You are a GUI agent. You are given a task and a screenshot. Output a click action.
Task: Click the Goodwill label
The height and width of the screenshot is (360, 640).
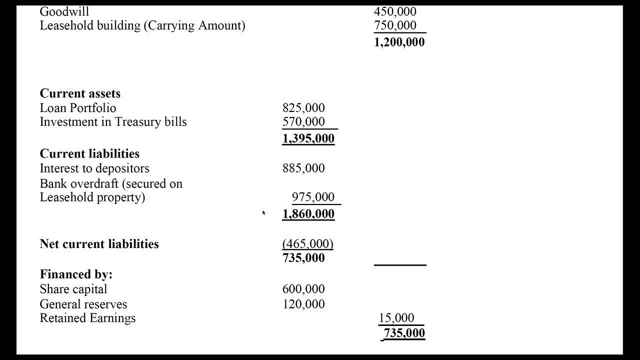coord(64,11)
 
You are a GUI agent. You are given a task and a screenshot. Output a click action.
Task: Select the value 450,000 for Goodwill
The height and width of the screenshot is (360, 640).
coord(394,11)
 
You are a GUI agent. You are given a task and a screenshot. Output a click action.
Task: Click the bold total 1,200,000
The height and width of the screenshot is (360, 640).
coord(399,42)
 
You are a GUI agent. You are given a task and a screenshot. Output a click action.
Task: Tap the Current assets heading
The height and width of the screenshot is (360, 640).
coord(80,93)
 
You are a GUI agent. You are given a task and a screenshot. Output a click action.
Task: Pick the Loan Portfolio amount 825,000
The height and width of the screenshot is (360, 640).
coord(303,108)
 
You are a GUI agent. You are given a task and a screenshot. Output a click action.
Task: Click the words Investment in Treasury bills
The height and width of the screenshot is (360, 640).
coord(113,122)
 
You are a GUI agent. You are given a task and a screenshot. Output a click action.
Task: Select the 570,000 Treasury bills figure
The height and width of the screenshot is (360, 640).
coord(303,122)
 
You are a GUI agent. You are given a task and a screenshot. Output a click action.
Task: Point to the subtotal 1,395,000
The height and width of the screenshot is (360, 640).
coord(308,138)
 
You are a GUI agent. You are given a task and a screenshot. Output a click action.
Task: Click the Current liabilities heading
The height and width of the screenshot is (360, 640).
coord(89,153)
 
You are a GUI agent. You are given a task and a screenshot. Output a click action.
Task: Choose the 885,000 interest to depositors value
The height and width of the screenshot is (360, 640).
coord(303,168)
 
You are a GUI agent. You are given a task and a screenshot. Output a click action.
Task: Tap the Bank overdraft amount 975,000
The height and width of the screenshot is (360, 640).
coord(313,197)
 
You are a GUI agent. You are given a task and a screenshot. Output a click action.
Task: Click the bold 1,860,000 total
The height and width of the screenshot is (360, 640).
coord(308,214)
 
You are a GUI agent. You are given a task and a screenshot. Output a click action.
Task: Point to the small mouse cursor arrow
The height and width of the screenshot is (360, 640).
coord(263,213)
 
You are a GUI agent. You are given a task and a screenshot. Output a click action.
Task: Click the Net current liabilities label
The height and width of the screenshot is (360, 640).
coord(99,244)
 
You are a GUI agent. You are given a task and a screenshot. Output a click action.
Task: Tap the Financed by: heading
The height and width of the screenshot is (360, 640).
coord(76,274)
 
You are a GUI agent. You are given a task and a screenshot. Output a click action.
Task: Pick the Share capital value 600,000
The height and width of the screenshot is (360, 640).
coord(303,289)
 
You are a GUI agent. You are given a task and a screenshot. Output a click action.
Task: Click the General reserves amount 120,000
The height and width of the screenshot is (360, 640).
coord(303,304)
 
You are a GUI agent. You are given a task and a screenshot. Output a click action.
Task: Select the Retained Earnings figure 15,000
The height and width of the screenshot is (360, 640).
coord(396,318)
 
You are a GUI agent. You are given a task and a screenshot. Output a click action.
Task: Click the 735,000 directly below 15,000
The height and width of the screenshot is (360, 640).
coord(404,333)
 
